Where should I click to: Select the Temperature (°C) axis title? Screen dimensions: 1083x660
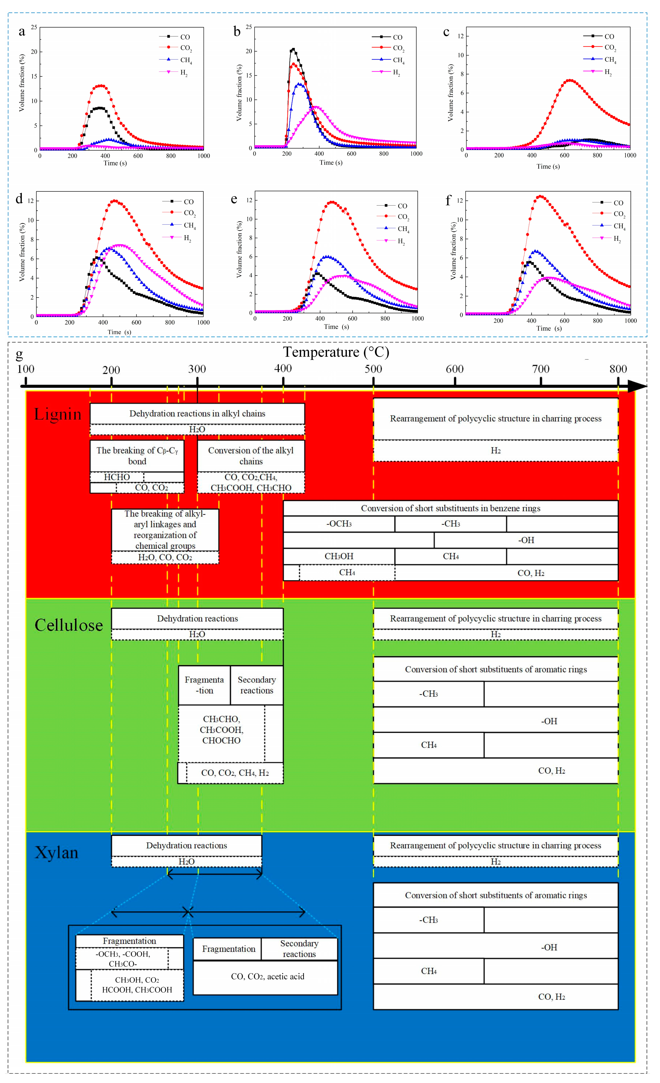point(336,352)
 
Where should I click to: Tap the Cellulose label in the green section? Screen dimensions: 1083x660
point(69,625)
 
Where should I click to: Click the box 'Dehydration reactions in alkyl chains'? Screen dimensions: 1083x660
point(197,414)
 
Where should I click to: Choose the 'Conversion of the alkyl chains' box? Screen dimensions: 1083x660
point(251,456)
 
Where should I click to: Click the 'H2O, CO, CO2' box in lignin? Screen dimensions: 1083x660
point(165,557)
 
